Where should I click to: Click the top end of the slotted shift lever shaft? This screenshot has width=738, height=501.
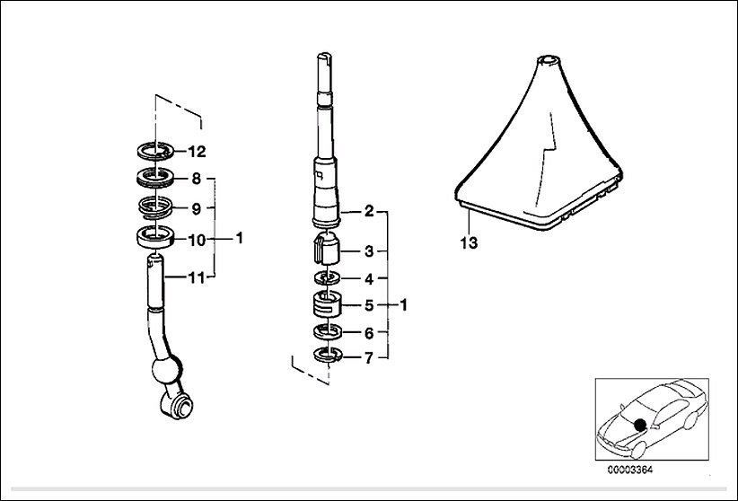point(325,54)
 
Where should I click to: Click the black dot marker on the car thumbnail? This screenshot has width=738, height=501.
point(639,424)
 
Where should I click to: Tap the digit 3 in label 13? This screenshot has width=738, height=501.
point(473,243)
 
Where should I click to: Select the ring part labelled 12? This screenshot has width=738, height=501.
point(155,151)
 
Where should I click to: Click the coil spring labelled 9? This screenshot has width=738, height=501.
point(156,207)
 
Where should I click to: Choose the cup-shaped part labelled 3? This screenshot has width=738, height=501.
point(326,249)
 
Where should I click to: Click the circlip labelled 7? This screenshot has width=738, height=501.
point(328,355)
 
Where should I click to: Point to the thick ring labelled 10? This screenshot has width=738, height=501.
point(155,237)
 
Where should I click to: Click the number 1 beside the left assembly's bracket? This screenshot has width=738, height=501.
point(239,238)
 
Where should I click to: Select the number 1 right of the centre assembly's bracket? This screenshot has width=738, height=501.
point(403,305)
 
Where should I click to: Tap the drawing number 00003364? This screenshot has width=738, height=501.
point(630,470)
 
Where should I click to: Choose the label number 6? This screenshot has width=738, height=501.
point(369,333)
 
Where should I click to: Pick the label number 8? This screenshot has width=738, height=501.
point(197,179)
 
